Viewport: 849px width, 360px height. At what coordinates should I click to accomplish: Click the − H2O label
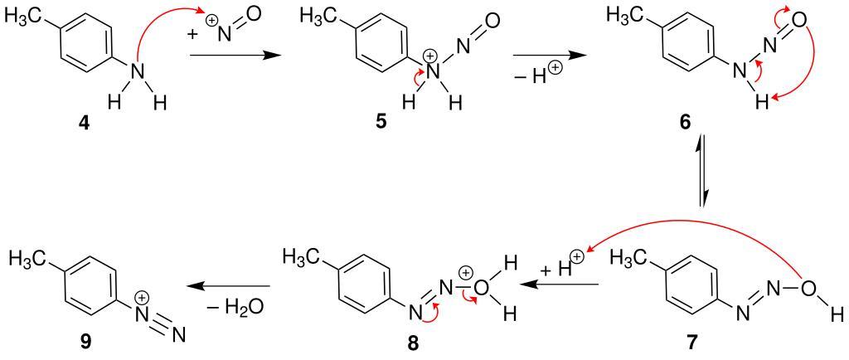pyautogui.click(x=235, y=306)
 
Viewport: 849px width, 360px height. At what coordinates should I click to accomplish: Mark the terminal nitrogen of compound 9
pyautogui.click(x=178, y=336)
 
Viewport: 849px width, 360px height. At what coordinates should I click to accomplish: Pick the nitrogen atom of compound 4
pyautogui.click(x=139, y=72)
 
